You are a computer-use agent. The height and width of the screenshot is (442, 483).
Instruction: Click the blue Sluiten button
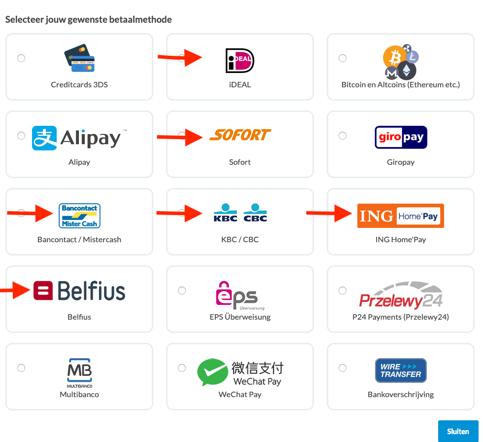[458, 431]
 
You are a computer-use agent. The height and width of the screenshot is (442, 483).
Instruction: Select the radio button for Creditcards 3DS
[21, 58]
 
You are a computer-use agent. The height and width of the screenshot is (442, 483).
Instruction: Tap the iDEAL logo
[240, 61]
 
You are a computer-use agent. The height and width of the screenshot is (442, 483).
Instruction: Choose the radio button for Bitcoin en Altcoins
[343, 58]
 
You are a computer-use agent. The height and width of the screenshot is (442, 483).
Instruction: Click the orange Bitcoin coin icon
[394, 59]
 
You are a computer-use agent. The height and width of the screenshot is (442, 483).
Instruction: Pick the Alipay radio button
[21, 136]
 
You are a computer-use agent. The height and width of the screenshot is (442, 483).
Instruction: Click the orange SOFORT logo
[241, 135]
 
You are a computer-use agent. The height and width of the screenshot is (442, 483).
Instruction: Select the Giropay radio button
[343, 136]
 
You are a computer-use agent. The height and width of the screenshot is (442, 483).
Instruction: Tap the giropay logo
[401, 137]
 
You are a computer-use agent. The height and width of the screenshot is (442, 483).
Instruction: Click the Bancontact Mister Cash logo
[79, 216]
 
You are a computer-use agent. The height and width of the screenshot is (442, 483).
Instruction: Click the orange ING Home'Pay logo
[401, 216]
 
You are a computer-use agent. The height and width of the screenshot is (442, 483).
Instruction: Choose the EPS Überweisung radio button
[182, 291]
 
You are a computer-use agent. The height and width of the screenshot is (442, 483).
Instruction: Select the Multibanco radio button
[21, 368]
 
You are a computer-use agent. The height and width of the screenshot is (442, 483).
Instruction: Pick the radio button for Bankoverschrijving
[343, 368]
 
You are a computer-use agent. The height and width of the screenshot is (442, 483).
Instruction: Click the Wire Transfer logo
[401, 370]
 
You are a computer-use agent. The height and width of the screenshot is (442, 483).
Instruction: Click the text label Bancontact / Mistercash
[79, 240]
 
